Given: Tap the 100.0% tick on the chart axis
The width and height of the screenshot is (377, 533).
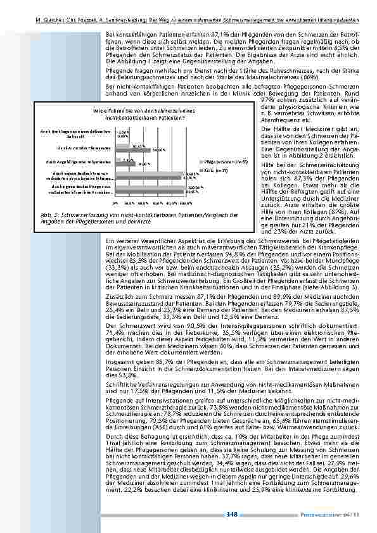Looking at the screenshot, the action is pyautogui.click(x=186, y=204).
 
